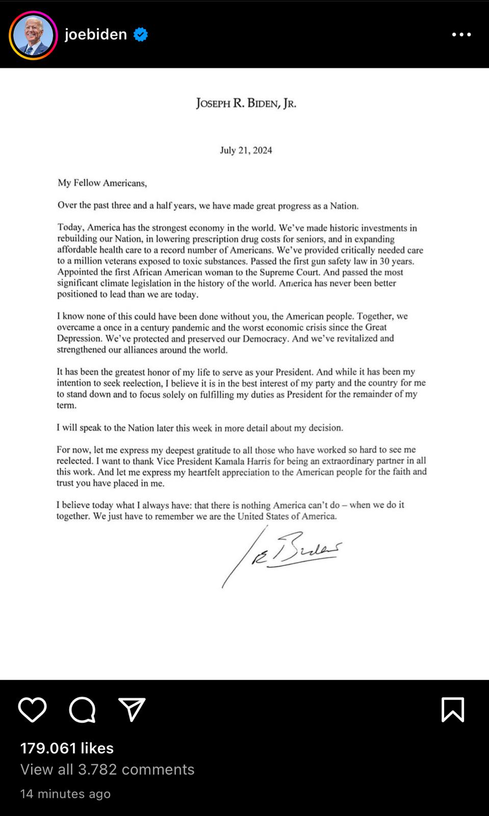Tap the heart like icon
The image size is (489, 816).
click(x=32, y=709)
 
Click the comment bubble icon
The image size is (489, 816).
click(x=82, y=709)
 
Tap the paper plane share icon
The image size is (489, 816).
click(x=132, y=709)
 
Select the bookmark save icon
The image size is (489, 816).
click(x=452, y=709)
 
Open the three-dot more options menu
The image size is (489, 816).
click(x=461, y=35)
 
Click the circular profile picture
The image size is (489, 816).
click(x=33, y=35)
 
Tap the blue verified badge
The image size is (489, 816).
click(x=141, y=35)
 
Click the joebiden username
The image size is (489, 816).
click(x=96, y=34)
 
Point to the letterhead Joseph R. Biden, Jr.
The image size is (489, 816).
click(x=246, y=104)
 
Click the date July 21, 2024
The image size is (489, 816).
click(x=246, y=150)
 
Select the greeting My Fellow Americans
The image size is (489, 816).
click(x=102, y=183)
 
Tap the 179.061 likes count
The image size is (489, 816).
click(x=67, y=748)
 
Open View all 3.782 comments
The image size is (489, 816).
click(x=107, y=769)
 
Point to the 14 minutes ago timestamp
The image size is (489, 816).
click(x=65, y=794)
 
